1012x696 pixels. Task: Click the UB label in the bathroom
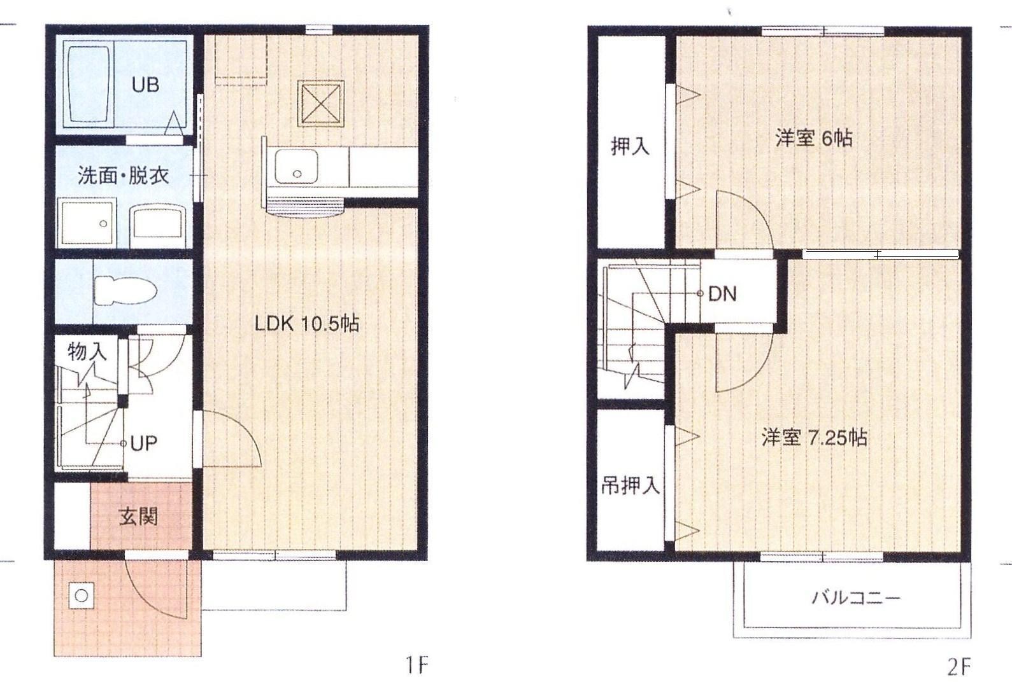(x=145, y=85)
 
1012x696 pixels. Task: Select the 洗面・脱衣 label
(x=124, y=175)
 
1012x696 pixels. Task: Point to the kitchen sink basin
(x=296, y=166)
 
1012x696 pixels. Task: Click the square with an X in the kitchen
(x=321, y=104)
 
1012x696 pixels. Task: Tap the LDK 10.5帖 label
(x=307, y=324)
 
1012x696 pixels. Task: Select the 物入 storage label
(x=87, y=352)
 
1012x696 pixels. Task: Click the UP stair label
(x=144, y=443)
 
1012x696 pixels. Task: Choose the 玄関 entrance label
(x=139, y=517)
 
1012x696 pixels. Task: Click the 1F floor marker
(x=417, y=665)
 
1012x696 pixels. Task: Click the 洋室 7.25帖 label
(x=814, y=437)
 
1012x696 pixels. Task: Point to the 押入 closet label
(x=631, y=146)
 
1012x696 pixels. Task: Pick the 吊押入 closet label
(x=631, y=485)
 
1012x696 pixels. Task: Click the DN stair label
(x=722, y=294)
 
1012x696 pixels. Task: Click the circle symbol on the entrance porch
(x=82, y=595)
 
